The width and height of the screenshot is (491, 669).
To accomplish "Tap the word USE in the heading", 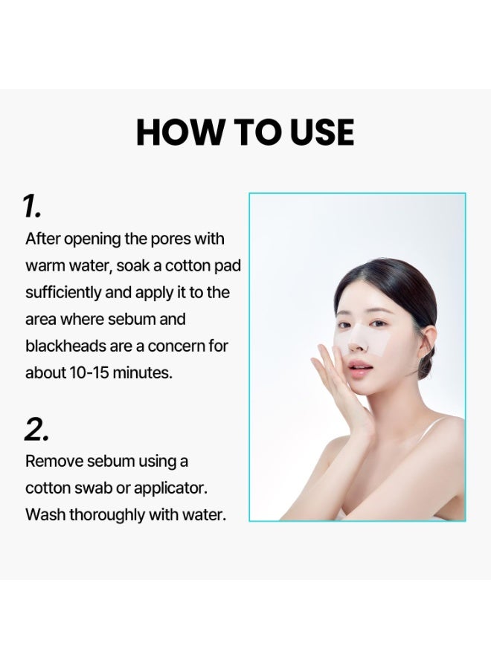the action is coord(322,132).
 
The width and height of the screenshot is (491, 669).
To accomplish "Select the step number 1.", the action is coord(31,207).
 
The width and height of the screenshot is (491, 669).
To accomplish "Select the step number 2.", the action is coord(36,429).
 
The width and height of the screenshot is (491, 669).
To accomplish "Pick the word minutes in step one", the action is coord(143,373).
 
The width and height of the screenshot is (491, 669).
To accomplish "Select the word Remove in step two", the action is coord(54,461).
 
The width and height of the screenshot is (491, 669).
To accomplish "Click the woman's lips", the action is coord(359,367).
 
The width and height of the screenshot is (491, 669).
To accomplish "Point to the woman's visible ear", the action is coord(426,341).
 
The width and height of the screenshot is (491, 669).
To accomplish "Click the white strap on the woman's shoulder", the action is coord(427,428).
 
